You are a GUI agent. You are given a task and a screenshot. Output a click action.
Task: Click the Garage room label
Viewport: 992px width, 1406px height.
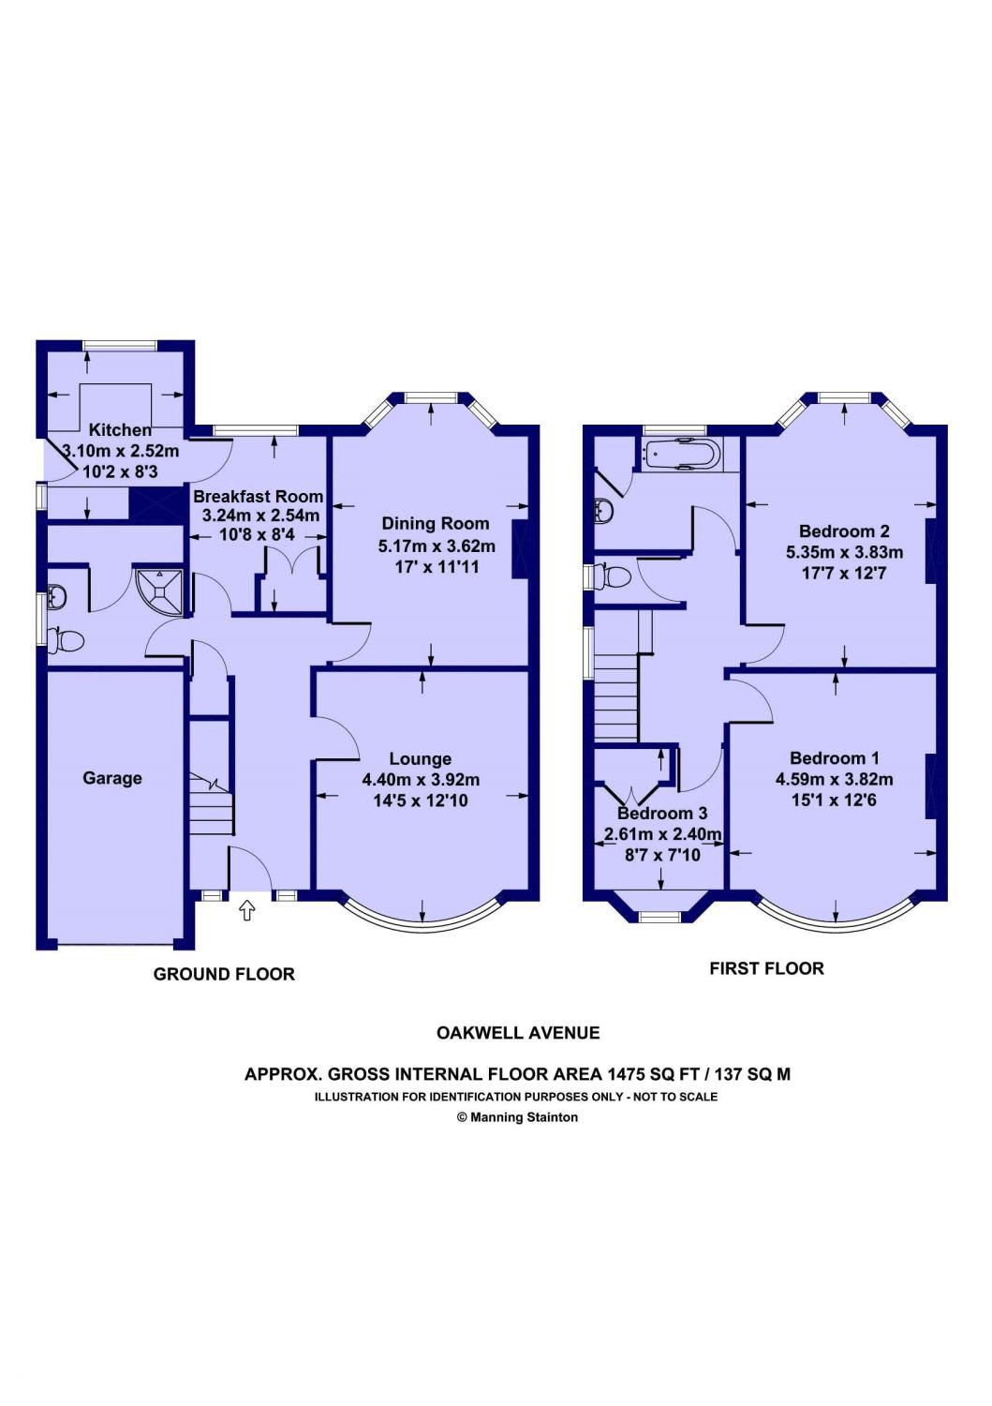point(112,778)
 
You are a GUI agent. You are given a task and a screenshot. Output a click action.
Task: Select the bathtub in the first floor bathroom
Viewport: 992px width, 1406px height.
point(681,455)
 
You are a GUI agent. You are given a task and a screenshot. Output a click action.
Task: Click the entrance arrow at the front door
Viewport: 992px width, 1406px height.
point(247,910)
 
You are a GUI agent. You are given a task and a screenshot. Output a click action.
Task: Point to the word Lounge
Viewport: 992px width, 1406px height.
point(421,759)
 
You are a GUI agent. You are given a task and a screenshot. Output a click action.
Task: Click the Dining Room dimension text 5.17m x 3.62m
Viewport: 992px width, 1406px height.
point(437,546)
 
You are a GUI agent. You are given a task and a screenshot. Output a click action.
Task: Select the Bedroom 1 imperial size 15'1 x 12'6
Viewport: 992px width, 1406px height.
point(834,800)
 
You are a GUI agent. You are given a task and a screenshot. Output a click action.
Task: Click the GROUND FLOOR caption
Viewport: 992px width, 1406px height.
point(224,975)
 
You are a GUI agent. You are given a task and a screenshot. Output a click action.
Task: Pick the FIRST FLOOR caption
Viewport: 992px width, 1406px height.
point(766,969)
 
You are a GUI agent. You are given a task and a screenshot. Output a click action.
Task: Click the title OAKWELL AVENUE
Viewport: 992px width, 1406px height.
point(518,1033)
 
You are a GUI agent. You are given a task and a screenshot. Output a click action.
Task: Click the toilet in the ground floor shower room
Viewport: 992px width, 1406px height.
point(67,641)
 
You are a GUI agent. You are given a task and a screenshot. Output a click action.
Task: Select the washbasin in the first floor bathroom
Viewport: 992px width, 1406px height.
point(604,512)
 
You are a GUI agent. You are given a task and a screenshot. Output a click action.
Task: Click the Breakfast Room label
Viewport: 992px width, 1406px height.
point(258,496)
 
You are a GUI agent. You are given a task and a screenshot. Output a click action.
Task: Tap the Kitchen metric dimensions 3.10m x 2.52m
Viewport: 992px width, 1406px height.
point(120,451)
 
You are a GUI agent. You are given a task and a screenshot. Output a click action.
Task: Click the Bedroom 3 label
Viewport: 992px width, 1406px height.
point(662,814)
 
